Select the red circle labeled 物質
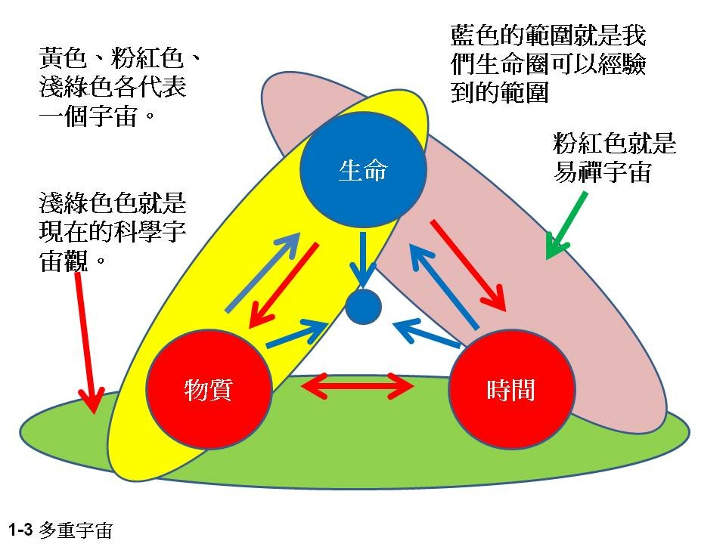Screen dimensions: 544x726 208,390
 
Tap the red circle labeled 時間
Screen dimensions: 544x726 511,390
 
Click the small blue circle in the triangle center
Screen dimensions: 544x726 362,307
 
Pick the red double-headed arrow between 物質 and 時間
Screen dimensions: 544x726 358,388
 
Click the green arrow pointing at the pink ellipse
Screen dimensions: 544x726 566,224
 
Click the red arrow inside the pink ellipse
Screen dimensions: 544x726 467,264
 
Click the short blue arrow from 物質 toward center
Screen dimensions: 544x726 298,333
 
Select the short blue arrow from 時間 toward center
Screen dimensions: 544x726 427,333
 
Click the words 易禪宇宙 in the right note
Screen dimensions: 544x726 602,172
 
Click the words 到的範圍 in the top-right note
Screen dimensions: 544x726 499,92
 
